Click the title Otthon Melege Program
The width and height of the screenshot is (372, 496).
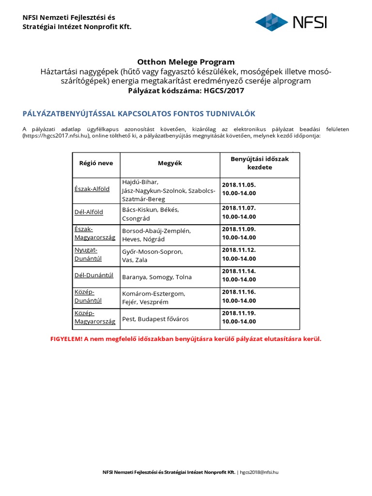(x=186, y=62)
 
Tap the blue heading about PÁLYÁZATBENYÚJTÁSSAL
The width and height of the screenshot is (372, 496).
(x=139, y=113)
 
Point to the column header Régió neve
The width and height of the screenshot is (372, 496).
(x=96, y=163)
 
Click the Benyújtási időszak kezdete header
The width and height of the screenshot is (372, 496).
(x=260, y=163)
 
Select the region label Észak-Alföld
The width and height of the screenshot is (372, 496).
(x=92, y=189)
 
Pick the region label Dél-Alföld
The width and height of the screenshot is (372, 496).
(x=89, y=212)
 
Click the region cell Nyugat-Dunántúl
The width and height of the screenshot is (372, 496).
(x=87, y=254)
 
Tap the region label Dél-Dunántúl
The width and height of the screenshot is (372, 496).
(x=94, y=275)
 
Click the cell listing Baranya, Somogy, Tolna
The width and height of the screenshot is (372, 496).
(x=157, y=277)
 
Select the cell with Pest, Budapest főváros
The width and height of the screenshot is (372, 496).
(x=155, y=319)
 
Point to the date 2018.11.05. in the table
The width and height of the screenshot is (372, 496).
(x=239, y=185)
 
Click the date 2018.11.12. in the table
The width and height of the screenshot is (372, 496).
(x=239, y=250)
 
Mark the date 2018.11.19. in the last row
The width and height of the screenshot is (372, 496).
(x=239, y=313)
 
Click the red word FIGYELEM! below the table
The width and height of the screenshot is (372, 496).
(x=66, y=339)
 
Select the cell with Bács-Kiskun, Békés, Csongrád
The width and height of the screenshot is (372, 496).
(x=151, y=214)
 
